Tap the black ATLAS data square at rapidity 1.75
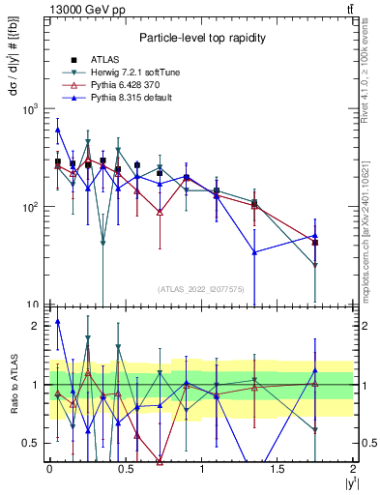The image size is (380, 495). tap(315, 243)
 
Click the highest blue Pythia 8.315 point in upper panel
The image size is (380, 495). tap(57, 130)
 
